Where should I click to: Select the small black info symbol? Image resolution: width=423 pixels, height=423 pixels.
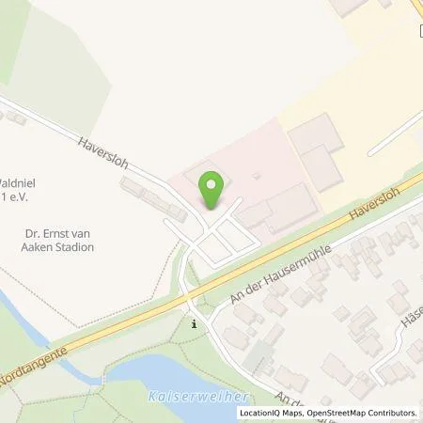pyautogui.click(x=195, y=324)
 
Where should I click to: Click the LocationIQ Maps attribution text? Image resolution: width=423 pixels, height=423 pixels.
pyautogui.click(x=271, y=413)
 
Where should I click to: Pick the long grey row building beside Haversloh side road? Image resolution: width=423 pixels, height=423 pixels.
pyautogui.click(x=146, y=196)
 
